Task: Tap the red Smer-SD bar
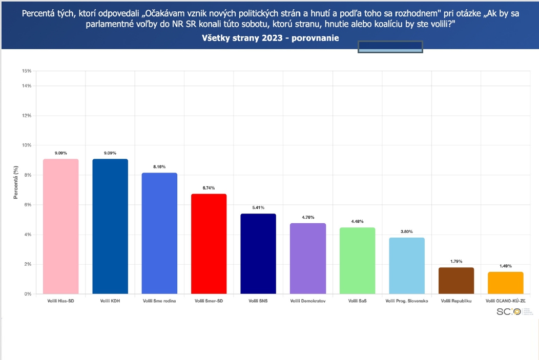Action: coord(209,244)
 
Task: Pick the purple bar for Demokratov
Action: coord(308,259)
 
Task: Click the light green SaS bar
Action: coord(357,261)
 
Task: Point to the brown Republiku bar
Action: coord(456,281)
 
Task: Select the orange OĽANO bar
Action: coord(506,283)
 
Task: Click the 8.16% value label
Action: coord(159,166)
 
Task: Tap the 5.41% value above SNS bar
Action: coord(258,207)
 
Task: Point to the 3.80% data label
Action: coord(407,231)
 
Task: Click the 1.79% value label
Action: coord(456,261)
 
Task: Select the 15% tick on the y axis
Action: coord(27,71)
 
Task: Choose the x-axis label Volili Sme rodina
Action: coord(159,301)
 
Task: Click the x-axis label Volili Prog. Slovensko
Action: coord(407,301)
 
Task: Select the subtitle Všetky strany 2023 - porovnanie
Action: coord(270,38)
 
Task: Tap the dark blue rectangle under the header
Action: coord(390,47)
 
